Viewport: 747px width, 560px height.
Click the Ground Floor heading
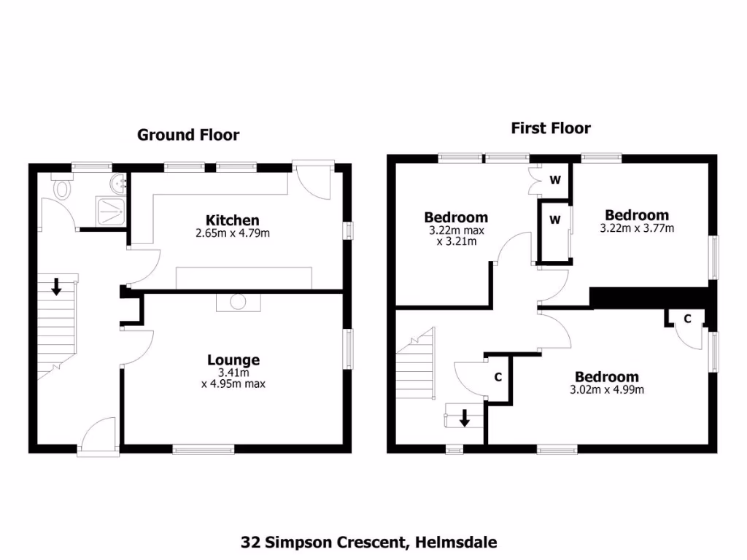click(x=188, y=135)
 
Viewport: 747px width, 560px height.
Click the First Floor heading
click(x=550, y=128)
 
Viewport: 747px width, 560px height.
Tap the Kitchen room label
click(x=232, y=220)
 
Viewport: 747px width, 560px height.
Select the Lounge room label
click(x=233, y=359)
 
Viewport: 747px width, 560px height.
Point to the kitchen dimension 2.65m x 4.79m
click(x=232, y=233)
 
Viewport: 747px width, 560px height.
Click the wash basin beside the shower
click(x=119, y=183)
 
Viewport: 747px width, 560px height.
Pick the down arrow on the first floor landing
click(x=464, y=418)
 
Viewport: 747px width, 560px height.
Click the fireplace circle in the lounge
click(x=237, y=302)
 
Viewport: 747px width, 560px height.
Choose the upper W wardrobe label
click(x=554, y=179)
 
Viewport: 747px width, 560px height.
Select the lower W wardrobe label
click(x=554, y=219)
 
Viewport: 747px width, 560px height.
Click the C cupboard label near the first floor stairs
click(x=498, y=377)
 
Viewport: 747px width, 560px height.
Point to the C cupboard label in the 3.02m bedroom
click(x=688, y=318)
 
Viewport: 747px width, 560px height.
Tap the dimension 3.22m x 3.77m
click(x=636, y=228)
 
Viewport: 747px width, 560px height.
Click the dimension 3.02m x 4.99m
click(x=607, y=389)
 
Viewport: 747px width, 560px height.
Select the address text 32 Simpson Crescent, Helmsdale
click(x=368, y=542)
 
